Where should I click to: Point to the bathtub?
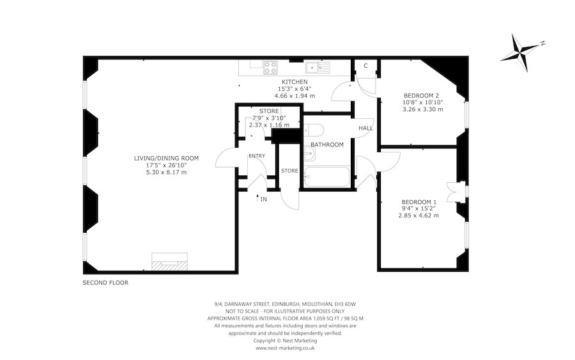[326, 177]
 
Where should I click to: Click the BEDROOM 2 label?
[422, 95]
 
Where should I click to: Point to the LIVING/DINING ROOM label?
[166, 158]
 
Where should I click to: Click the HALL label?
[365, 128]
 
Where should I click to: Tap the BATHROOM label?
[327, 145]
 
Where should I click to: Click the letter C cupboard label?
[365, 66]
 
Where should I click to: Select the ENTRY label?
[257, 155]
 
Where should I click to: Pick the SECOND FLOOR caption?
[105, 283]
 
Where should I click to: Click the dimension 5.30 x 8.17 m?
[166, 173]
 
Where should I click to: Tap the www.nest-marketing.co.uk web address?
[285, 348]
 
